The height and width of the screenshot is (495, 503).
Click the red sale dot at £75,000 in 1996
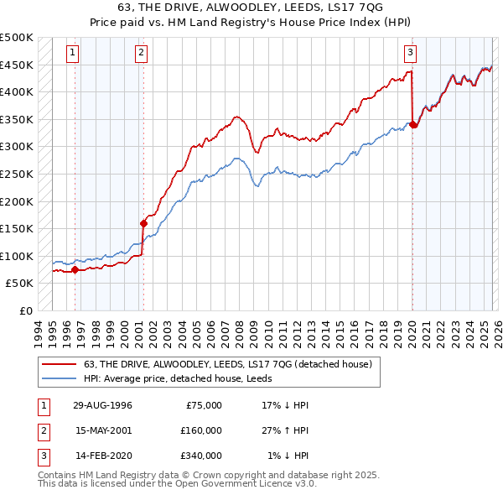tap(75, 269)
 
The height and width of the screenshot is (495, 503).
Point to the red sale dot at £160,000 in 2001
tap(143, 223)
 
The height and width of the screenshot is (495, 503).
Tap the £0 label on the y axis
tap(25, 310)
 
